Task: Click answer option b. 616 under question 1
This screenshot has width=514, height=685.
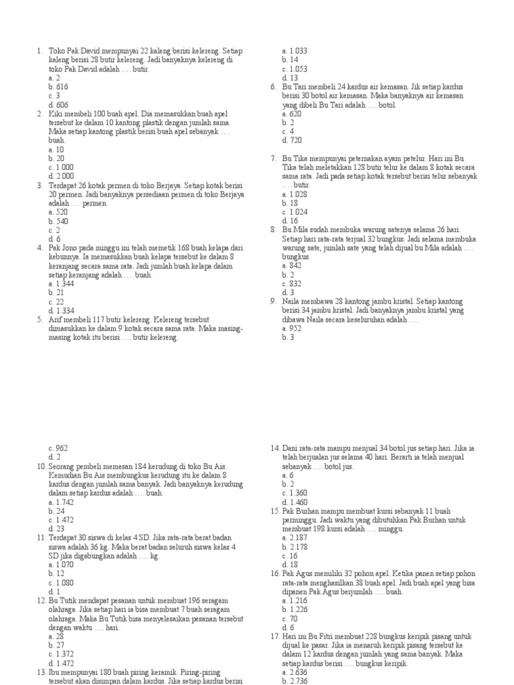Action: (58, 87)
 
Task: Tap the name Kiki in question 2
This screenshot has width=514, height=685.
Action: (56, 114)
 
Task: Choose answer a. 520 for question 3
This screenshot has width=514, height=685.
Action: (58, 212)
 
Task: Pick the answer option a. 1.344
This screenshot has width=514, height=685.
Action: (61, 284)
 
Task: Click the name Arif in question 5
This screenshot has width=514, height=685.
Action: (56, 320)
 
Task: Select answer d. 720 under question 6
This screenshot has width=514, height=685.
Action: (292, 140)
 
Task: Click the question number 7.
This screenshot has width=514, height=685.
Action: (274, 159)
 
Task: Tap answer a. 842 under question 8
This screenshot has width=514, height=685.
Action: (292, 266)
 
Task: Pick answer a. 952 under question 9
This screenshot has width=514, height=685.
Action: (292, 328)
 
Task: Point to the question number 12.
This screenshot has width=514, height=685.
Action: (40, 601)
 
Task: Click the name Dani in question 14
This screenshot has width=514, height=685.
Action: (292, 448)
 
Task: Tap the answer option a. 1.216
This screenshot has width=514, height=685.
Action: (294, 601)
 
